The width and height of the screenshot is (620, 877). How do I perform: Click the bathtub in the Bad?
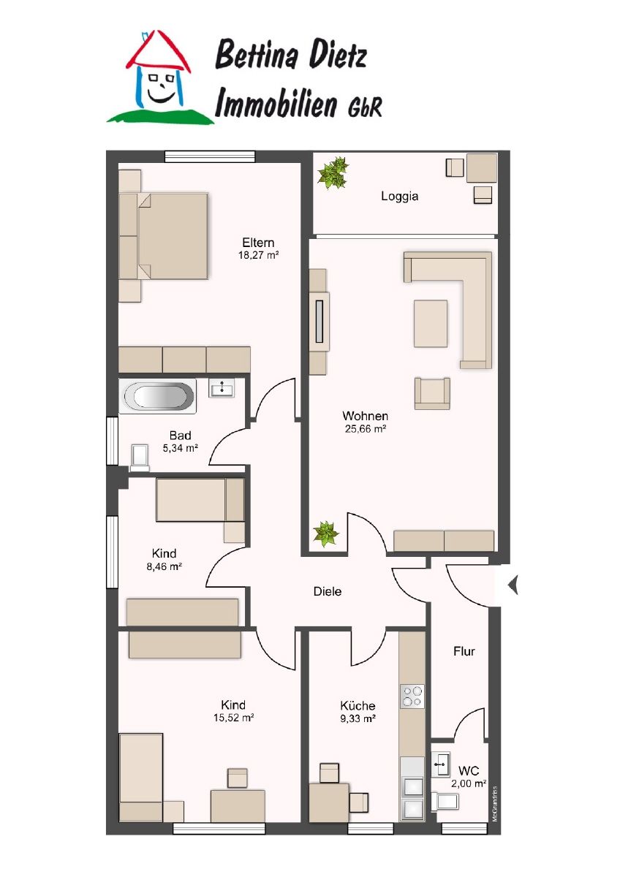(159, 396)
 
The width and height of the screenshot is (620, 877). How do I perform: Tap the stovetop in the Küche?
(412, 696)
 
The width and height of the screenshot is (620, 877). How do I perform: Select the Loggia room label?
(399, 196)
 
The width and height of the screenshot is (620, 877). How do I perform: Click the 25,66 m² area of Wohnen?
(366, 429)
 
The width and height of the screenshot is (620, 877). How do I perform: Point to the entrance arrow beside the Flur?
(513, 585)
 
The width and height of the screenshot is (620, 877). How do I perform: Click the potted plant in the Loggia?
(333, 173)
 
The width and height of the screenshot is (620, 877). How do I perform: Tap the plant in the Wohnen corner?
(325, 534)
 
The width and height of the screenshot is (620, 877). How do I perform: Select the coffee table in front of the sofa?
(431, 323)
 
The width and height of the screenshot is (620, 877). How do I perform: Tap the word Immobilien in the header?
(276, 103)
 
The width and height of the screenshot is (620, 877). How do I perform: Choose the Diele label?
(328, 591)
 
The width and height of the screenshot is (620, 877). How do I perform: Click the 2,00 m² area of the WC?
(469, 783)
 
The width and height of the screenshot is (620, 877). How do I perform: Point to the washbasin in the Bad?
(222, 388)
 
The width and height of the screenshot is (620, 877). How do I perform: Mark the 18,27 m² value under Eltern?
(259, 256)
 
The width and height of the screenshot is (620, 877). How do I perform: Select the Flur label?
(464, 651)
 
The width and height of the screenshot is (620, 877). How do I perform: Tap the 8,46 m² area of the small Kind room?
(164, 566)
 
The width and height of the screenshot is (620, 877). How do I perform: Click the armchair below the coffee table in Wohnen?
(432, 393)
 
